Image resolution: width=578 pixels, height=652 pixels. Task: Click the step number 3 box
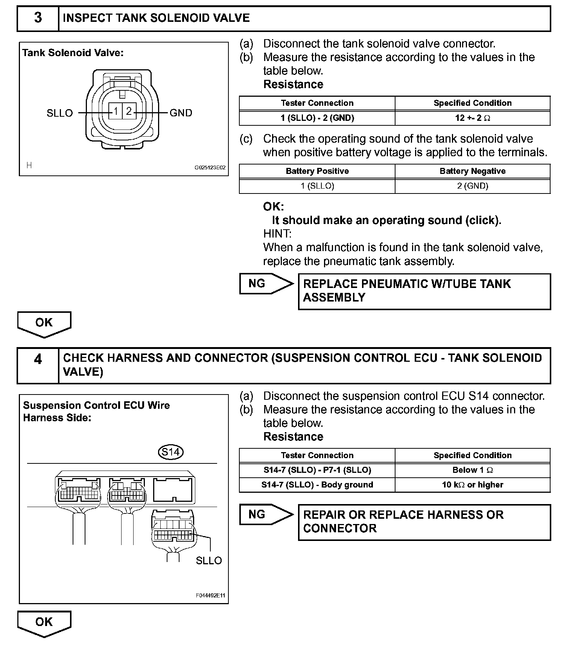tap(38, 18)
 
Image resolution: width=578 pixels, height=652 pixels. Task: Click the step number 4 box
tap(38, 366)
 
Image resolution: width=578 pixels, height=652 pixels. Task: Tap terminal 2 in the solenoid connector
tap(129, 111)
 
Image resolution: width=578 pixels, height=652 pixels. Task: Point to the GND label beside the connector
tap(181, 113)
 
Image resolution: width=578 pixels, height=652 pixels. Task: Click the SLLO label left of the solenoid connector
tap(59, 113)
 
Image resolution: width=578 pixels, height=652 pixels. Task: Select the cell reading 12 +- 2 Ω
tap(473, 118)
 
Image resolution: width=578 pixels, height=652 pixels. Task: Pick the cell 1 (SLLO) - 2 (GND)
tap(317, 118)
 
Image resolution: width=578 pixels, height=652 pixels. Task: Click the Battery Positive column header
tap(317, 171)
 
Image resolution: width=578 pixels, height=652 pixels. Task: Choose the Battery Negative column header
tap(473, 171)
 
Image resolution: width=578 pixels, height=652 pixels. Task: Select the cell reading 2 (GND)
tap(473, 186)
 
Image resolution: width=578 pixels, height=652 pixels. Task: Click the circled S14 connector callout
tap(170, 451)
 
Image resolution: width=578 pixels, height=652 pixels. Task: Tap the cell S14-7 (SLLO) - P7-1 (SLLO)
tap(317, 470)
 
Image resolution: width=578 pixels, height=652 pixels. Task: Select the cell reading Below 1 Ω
tap(473, 470)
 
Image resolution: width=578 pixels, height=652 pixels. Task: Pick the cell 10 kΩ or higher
tap(473, 485)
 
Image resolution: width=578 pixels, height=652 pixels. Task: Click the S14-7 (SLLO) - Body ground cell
tap(317, 485)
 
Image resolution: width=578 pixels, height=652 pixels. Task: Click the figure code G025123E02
tap(210, 168)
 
